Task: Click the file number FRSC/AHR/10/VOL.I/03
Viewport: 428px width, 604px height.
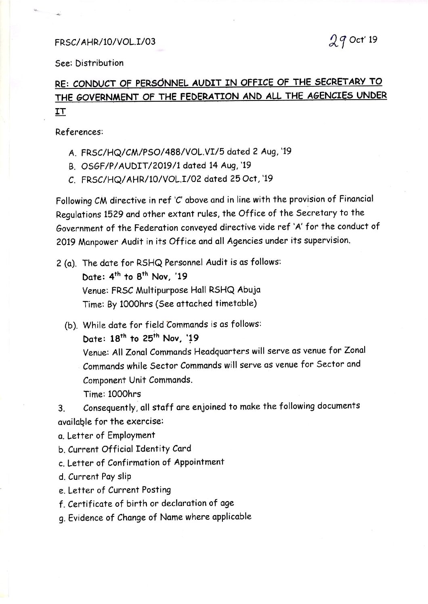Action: click(x=105, y=42)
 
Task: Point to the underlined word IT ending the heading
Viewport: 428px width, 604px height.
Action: click(x=60, y=112)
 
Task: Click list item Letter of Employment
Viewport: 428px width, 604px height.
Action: click(x=111, y=435)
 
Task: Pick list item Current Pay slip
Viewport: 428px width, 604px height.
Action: click(x=99, y=477)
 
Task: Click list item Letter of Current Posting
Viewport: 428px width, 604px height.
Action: click(x=119, y=490)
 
